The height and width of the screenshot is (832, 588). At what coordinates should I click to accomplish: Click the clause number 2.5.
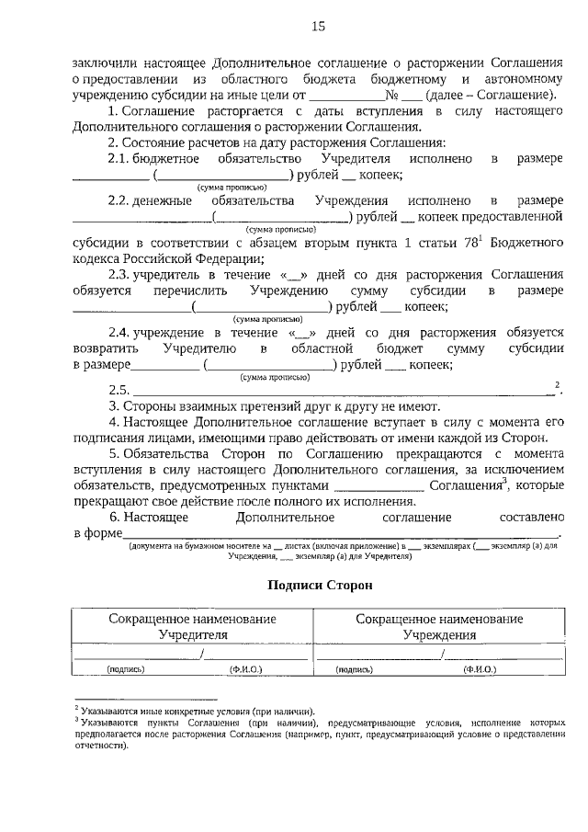(x=119, y=390)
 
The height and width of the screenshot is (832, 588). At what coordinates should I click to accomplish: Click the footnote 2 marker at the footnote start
(x=76, y=709)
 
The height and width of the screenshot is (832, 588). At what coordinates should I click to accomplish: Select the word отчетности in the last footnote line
(x=102, y=747)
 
